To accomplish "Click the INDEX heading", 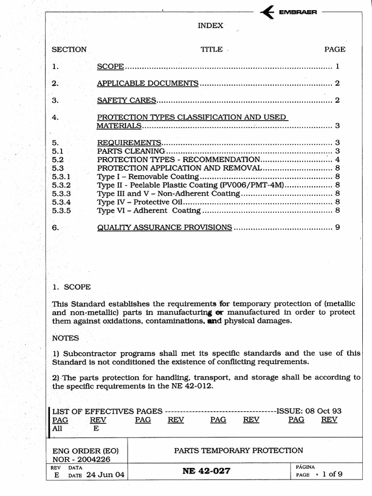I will click(x=210, y=26).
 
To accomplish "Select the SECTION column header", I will click(x=69, y=49).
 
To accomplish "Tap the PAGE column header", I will click(x=335, y=49).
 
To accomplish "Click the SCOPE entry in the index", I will click(x=111, y=66).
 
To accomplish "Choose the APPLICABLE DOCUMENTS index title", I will click(x=148, y=83).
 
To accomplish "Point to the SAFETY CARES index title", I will click(x=126, y=100).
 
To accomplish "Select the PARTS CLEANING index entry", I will click(x=131, y=151).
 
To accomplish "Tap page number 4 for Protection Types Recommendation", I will click(x=337, y=159).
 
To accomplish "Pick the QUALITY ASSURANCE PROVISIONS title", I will click(x=164, y=227).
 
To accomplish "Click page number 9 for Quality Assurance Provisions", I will click(x=337, y=227).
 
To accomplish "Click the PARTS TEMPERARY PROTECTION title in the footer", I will click(x=238, y=450).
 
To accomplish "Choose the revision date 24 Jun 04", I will click(x=105, y=475).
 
